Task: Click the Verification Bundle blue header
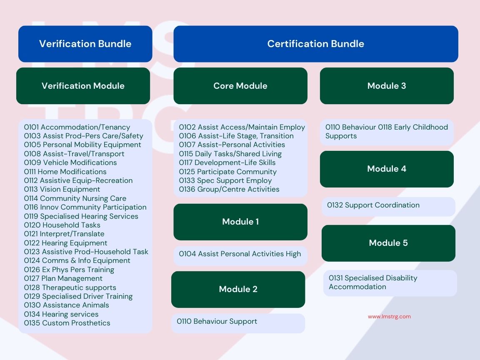click(85, 44)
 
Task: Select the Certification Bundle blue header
click(315, 44)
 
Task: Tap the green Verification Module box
click(83, 86)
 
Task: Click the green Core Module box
click(240, 86)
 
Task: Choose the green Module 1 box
click(240, 222)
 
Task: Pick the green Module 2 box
click(238, 289)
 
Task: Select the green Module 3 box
click(387, 86)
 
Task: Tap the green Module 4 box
click(387, 169)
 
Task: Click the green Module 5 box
click(388, 243)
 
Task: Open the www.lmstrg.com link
click(390, 317)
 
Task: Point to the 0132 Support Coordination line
click(373, 205)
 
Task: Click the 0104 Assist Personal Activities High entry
click(240, 254)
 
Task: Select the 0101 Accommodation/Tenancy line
click(77, 127)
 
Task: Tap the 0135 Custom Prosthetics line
click(67, 323)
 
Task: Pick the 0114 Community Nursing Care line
click(75, 198)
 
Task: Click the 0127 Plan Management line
click(63, 278)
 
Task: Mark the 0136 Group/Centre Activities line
click(229, 189)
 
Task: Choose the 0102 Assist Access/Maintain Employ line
click(242, 127)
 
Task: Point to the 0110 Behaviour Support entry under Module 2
click(217, 321)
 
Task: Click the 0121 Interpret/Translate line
click(64, 234)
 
